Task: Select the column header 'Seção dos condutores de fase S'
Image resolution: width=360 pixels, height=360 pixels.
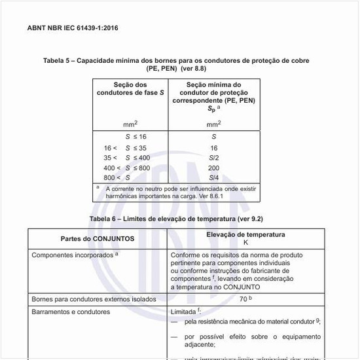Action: point(130,89)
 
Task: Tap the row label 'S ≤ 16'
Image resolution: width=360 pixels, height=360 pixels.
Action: point(135,137)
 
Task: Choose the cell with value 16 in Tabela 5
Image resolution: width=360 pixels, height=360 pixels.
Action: point(213,148)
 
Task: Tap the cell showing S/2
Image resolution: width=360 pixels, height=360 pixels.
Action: point(213,158)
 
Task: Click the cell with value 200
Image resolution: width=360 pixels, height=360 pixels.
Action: point(213,168)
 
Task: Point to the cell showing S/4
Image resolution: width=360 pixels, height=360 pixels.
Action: point(213,178)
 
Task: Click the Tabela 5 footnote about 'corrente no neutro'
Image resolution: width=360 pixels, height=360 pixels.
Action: point(177,192)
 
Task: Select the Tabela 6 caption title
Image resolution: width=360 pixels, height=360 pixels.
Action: point(176,218)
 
